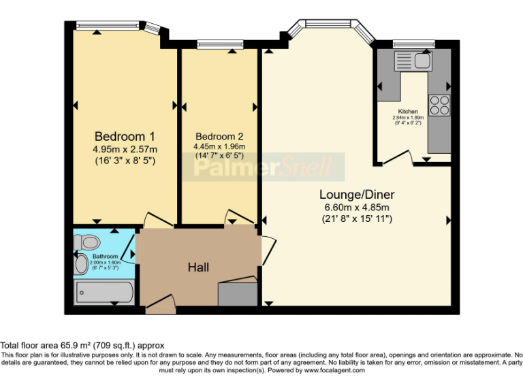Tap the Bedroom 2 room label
[x=219, y=135]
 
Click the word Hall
[x=198, y=267]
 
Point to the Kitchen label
[x=408, y=111]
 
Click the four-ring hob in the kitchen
[x=439, y=105]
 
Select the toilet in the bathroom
[x=86, y=242]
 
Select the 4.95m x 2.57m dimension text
[x=125, y=149]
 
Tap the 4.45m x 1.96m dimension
[x=219, y=146]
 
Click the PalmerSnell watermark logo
[x=268, y=167]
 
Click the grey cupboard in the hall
[x=238, y=293]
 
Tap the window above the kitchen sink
[x=413, y=44]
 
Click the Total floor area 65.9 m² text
[x=82, y=346]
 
